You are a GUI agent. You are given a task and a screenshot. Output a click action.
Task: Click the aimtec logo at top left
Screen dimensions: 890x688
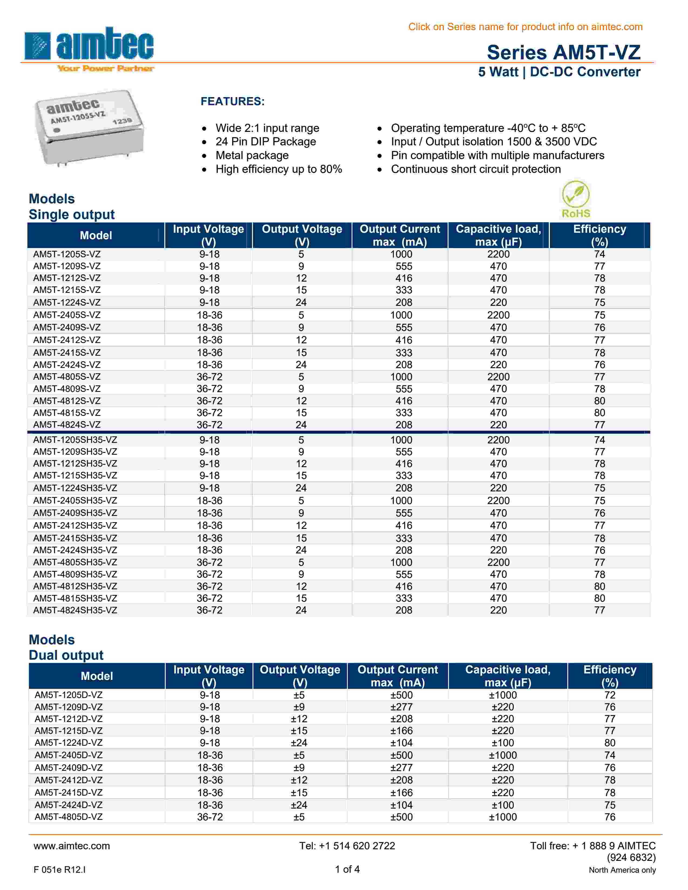click(89, 49)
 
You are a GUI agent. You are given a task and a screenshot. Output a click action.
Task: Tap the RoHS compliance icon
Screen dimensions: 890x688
click(575, 200)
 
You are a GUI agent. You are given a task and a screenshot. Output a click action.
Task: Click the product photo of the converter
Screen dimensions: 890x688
click(89, 127)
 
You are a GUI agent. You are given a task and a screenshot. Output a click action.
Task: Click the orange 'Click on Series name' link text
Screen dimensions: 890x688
click(525, 27)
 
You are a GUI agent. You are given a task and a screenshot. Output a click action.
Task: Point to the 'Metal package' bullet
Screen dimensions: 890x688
click(252, 155)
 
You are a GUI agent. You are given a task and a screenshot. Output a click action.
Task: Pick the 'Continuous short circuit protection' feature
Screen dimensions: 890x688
click(476, 169)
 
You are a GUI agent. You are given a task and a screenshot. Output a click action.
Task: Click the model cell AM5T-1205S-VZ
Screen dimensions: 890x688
click(67, 254)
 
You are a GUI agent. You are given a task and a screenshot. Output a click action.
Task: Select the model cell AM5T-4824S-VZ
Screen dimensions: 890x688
click(67, 425)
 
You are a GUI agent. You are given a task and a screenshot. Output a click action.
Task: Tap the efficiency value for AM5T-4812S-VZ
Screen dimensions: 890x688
click(599, 400)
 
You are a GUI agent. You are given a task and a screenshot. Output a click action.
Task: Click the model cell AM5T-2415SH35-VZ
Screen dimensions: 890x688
click(75, 538)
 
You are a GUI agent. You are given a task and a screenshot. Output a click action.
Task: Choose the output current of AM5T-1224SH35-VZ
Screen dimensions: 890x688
click(404, 488)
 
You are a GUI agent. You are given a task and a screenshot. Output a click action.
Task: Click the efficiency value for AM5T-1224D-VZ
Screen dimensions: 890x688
click(609, 742)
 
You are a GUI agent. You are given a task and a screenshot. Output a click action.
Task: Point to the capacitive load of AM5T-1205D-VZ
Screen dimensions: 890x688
click(503, 695)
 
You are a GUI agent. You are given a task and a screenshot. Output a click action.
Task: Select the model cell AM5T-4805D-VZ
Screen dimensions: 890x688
click(69, 817)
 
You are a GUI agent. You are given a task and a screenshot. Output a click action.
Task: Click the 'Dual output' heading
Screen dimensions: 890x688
click(66, 655)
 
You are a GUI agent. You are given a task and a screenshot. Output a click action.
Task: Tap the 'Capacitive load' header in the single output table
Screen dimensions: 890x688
click(498, 235)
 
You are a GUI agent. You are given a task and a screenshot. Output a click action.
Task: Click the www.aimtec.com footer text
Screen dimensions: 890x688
click(72, 845)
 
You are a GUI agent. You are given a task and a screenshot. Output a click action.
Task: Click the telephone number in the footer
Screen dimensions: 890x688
click(347, 845)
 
